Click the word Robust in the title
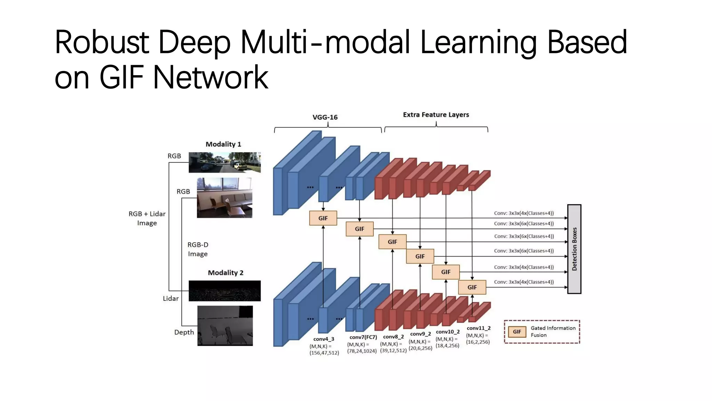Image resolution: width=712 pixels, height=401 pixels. [102, 42]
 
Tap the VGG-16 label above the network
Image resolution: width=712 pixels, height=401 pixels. [325, 117]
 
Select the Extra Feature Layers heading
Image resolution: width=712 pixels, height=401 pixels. [436, 115]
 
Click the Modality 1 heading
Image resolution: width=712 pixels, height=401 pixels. [223, 144]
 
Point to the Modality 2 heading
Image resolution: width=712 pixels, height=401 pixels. [225, 273]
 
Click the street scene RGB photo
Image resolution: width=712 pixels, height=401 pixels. [225, 162]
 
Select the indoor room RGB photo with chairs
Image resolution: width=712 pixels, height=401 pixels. [224, 198]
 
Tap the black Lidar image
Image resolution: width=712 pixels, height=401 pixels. [225, 291]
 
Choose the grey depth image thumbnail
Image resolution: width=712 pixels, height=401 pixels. [225, 326]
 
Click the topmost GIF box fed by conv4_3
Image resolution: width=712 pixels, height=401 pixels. [323, 218]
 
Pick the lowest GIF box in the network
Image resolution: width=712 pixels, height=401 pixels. [472, 287]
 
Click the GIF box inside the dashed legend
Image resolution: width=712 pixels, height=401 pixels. [517, 332]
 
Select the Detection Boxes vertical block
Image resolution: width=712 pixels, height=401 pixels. [574, 249]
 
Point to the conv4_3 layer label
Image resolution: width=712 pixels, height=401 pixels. [323, 339]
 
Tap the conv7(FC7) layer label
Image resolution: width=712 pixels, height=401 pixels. [363, 337]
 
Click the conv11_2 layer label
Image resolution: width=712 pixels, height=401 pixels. [478, 328]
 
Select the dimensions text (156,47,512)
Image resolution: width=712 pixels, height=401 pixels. [324, 353]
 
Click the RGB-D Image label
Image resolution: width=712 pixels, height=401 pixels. [198, 249]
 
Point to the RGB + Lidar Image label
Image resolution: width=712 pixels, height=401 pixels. [147, 218]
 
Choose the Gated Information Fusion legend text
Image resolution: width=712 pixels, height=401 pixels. [553, 331]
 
